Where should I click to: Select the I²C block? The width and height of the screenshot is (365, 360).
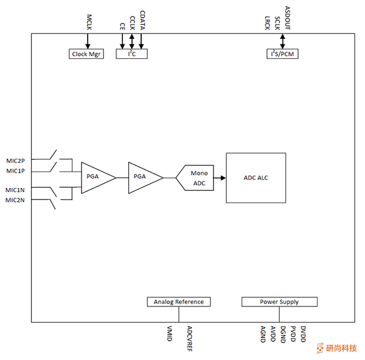(x=131, y=54)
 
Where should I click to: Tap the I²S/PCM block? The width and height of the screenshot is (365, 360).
(x=282, y=54)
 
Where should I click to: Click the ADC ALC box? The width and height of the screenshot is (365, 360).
(x=256, y=178)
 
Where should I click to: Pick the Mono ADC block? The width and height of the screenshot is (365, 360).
(x=198, y=178)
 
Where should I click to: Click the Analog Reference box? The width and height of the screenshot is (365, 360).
(x=178, y=302)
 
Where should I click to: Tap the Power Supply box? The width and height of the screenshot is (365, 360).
(x=279, y=302)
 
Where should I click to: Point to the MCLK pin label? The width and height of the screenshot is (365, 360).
(x=88, y=21)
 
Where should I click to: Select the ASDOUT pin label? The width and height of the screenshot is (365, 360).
(x=287, y=18)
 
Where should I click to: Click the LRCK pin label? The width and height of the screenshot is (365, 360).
(x=268, y=23)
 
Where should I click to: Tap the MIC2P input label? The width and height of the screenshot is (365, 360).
(x=16, y=161)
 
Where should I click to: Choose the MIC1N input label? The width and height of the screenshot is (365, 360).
(x=16, y=190)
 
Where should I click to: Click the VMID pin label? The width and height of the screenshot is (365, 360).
(x=170, y=334)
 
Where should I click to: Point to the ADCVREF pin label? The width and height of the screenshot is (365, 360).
(x=190, y=338)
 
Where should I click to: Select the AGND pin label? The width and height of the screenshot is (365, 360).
(x=263, y=334)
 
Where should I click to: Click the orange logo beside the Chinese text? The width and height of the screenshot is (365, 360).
(x=321, y=348)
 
